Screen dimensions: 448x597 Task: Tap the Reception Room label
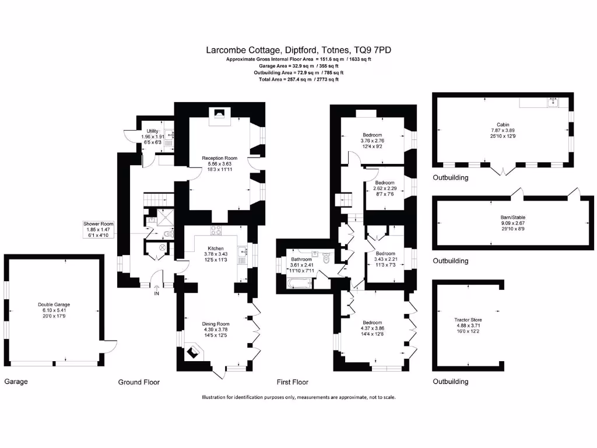coord(220,158)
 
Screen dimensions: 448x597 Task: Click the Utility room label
coord(153,131)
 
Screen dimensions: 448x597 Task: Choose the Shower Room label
coord(98,224)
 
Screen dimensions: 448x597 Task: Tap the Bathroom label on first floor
coord(302,259)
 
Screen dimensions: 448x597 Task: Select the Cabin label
coord(503,125)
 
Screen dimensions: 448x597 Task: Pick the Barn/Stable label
coord(513,217)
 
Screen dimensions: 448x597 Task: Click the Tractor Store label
coord(468,320)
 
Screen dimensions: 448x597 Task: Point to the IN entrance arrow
coord(156,287)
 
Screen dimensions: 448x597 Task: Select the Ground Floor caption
coord(139,382)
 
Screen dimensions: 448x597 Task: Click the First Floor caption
coord(293,382)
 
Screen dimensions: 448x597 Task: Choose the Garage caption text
coord(16,382)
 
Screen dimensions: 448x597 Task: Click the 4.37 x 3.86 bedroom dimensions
coord(372,328)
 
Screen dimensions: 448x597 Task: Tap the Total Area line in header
coord(298,79)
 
